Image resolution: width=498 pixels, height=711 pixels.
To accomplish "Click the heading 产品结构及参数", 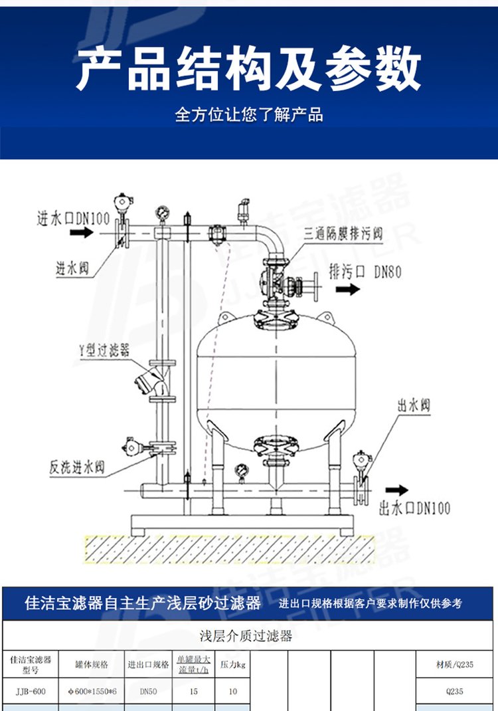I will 248,69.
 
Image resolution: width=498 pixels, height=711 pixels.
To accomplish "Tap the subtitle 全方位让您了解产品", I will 249,115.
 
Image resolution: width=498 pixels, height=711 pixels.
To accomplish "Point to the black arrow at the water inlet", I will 82,233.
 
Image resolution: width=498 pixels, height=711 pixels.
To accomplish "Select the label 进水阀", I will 72,269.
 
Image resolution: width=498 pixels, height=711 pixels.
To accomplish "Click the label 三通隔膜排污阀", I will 343,234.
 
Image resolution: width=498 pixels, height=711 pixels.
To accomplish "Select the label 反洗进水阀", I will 76,466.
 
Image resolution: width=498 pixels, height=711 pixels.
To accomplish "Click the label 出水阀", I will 415,405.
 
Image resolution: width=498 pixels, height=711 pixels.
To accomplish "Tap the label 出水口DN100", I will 414,508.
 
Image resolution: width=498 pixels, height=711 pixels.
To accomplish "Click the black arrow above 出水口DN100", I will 397,490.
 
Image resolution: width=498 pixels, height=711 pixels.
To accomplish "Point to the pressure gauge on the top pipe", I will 161,213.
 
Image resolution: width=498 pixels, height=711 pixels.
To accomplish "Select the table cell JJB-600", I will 31,692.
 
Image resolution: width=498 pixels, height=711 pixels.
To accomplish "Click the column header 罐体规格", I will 92,664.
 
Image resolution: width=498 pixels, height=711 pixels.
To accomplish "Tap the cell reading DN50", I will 148,692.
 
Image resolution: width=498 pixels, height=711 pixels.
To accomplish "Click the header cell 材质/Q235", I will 455,664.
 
